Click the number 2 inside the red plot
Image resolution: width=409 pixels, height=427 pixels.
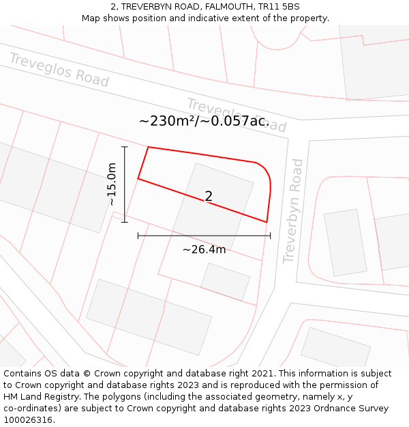coord(209,197)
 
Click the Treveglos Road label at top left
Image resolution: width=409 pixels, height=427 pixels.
coord(59,70)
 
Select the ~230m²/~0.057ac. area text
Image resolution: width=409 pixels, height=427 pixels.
coord(204,121)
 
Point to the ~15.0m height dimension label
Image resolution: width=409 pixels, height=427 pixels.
coord(112,184)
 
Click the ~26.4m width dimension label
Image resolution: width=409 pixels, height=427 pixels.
coord(204,249)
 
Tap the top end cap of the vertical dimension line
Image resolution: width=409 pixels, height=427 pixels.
coord(124,147)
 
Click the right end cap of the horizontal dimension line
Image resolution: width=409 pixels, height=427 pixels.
coord(271,236)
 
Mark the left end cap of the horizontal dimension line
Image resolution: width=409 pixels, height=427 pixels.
coord(138,236)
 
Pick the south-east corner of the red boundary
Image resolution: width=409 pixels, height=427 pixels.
coord(267,222)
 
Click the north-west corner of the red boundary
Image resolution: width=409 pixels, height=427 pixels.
coord(148,147)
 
